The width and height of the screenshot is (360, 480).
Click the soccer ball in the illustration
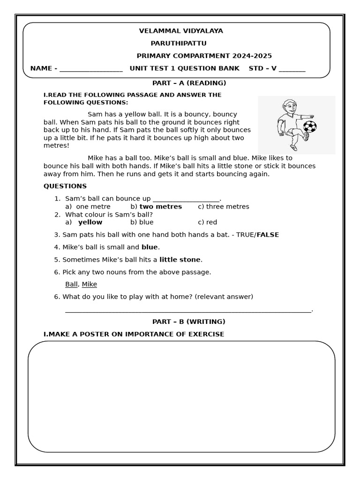[x=310, y=127]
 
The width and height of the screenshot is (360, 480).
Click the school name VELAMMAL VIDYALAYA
[x=181, y=31]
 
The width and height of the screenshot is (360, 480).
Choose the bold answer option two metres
[x=160, y=207]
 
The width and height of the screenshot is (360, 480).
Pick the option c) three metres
[x=223, y=207]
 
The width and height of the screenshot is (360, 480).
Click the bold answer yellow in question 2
[x=90, y=222]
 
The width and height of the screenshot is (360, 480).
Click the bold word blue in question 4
[x=150, y=247]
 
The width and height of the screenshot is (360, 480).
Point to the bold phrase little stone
[x=180, y=260]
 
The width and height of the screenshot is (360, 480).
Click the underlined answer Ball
[x=71, y=284]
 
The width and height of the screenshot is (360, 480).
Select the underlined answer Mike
[x=90, y=284]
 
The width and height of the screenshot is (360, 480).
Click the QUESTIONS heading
[x=65, y=186]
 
